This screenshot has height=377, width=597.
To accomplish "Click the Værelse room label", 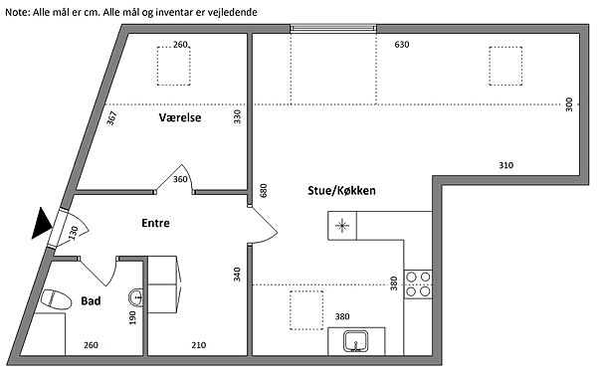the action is (x=180, y=117).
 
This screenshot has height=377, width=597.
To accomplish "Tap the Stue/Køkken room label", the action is (x=341, y=190).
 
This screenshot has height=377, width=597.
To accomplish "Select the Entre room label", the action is (x=155, y=223).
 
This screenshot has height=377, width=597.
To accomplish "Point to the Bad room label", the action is (x=91, y=300).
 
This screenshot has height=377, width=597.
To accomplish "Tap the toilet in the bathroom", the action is (x=56, y=299).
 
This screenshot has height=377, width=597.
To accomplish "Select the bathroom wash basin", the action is (x=136, y=297).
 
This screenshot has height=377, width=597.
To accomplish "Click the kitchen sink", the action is (x=355, y=341).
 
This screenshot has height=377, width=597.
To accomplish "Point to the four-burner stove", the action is (x=418, y=284).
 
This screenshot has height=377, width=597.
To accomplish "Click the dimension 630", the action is (x=402, y=45).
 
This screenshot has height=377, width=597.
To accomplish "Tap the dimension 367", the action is (x=111, y=118).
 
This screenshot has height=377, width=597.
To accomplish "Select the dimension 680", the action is (x=263, y=190).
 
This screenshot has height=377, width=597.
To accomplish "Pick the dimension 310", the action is (x=506, y=165).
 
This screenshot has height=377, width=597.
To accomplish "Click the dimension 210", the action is (x=199, y=345).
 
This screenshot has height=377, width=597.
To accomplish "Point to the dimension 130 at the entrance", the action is (x=73, y=233).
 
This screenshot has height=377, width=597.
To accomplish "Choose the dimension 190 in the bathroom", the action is (x=132, y=318).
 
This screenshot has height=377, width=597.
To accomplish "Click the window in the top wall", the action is (x=333, y=28).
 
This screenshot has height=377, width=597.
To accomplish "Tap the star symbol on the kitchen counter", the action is (x=342, y=226).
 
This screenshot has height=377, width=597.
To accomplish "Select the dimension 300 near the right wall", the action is (x=569, y=104).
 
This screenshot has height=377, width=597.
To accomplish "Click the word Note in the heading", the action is (x=16, y=12).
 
